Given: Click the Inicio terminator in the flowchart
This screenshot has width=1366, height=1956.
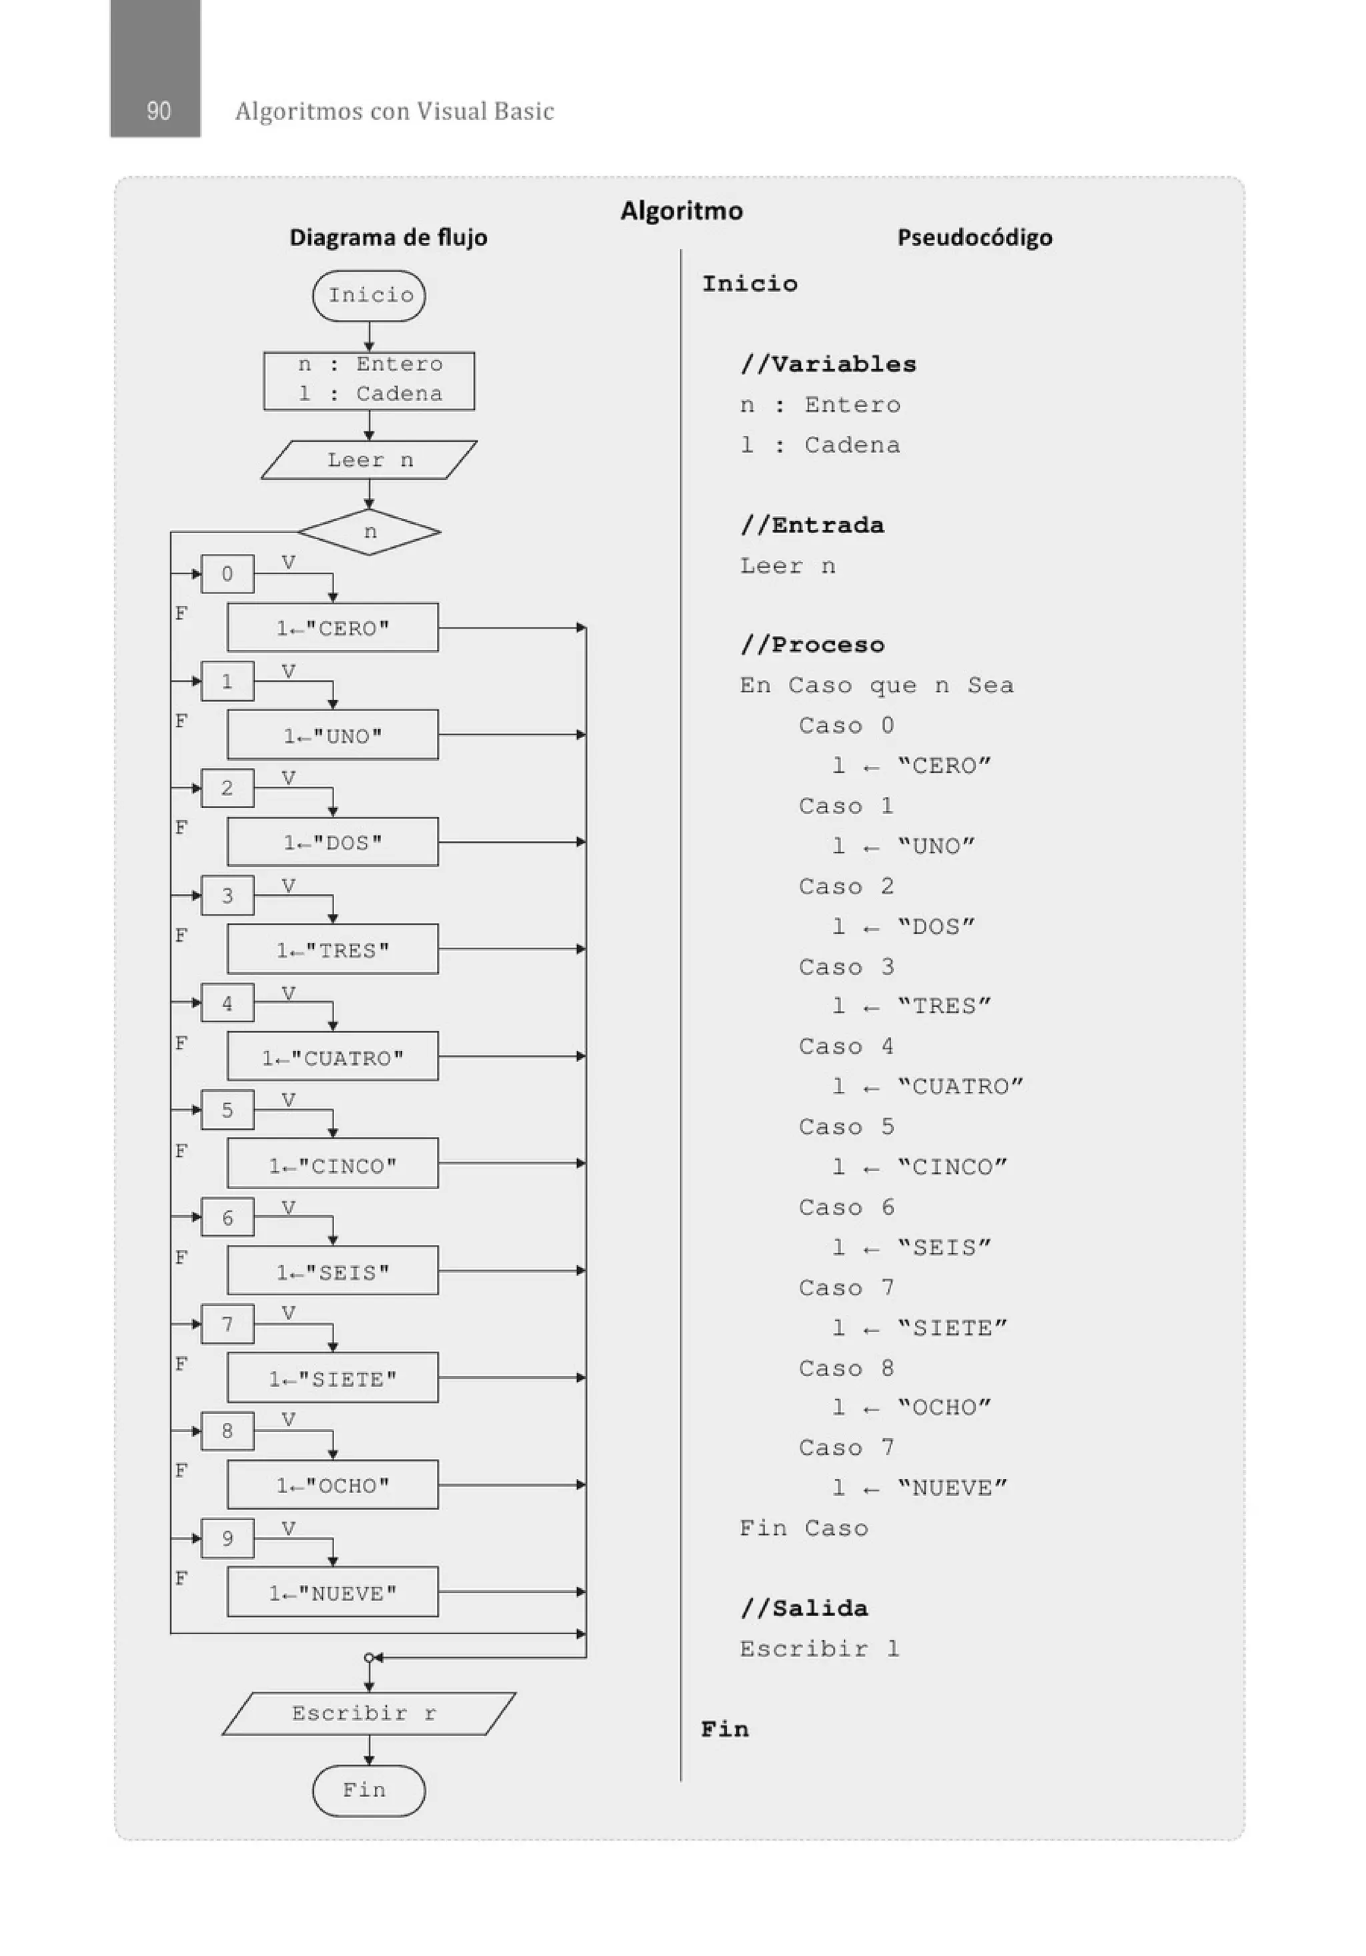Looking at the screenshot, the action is [x=369, y=296].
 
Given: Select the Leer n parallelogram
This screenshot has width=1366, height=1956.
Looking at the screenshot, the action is [x=369, y=460].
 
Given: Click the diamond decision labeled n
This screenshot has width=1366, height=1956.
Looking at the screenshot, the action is [x=369, y=533].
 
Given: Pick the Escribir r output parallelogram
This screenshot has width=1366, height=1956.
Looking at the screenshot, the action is [x=369, y=1713].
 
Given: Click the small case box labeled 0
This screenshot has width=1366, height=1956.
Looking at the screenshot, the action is [x=227, y=574].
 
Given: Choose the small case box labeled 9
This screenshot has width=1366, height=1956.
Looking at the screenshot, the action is [x=227, y=1538].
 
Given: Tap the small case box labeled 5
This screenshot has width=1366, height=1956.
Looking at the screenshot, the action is [x=227, y=1110].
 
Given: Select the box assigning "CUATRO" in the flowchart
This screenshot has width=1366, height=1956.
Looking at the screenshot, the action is [x=333, y=1057].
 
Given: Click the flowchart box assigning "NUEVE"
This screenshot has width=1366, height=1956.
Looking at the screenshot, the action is [x=333, y=1592].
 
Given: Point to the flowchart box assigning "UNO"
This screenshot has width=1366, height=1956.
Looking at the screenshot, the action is [x=333, y=735].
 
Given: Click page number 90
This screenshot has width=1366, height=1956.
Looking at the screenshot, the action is [x=158, y=111].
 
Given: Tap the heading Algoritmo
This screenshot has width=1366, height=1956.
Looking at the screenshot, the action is [x=681, y=210].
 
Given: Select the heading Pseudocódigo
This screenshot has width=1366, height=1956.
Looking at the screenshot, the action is [x=974, y=237].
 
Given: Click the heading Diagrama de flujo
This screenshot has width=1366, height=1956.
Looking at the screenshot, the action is [x=388, y=237].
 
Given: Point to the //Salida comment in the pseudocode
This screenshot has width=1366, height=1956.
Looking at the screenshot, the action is [x=804, y=1608].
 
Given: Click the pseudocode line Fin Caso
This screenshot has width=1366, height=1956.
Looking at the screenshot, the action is [x=804, y=1528].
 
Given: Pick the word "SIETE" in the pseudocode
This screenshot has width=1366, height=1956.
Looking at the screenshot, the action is [x=952, y=1328].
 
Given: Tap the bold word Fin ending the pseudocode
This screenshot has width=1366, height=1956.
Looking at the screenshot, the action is [x=725, y=1729].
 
